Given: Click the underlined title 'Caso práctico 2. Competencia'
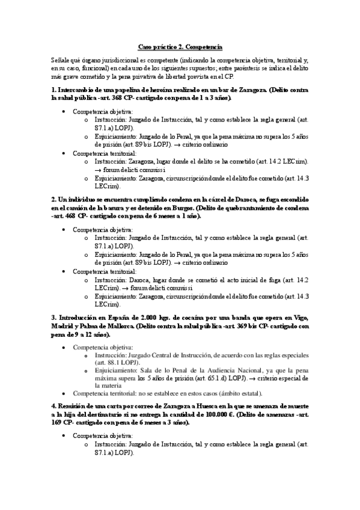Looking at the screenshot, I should tap(180, 46).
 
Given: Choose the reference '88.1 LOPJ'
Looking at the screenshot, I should tap(120, 363).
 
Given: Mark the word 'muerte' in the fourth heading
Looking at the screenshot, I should tap(296, 406).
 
